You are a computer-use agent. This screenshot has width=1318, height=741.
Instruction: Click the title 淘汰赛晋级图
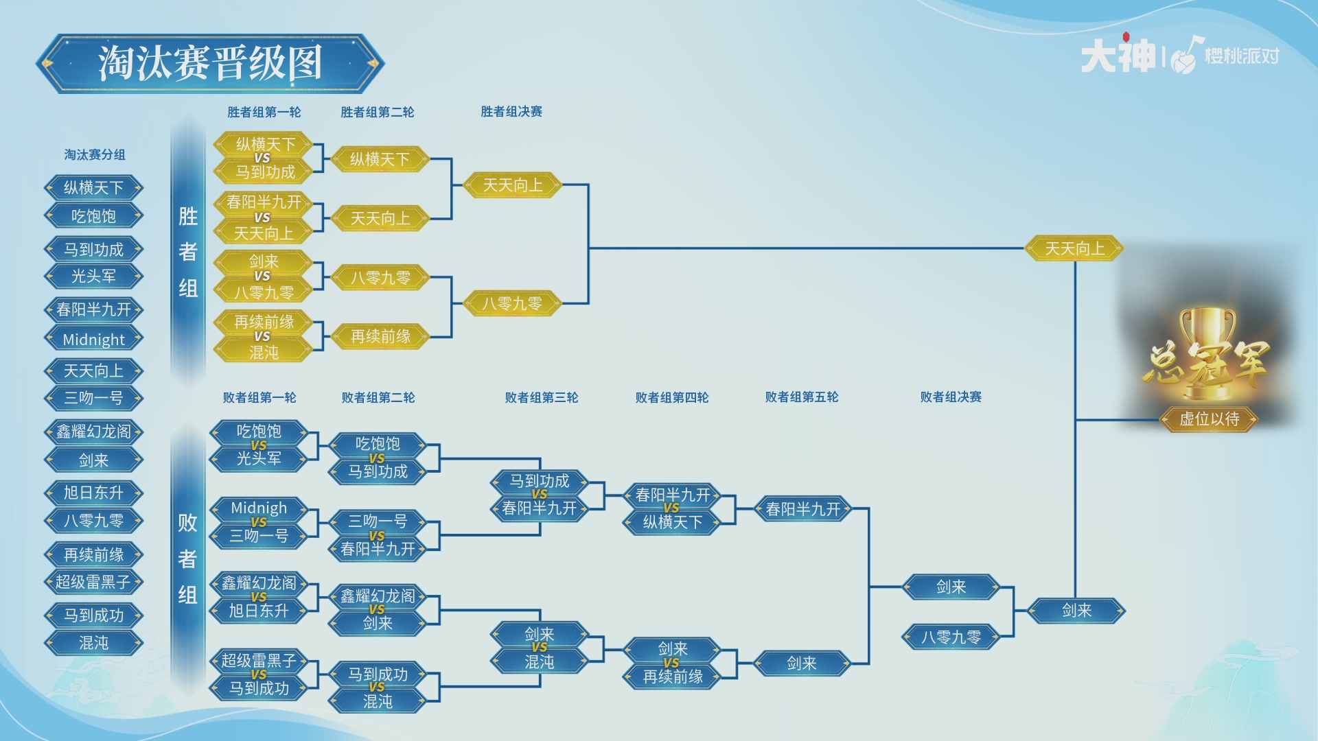click(x=210, y=63)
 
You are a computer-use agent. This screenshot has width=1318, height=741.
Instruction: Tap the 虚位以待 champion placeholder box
click(x=1209, y=419)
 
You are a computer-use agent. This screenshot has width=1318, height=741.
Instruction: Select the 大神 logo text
click(x=1118, y=56)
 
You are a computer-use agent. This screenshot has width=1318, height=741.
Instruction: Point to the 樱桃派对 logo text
click(x=1242, y=56)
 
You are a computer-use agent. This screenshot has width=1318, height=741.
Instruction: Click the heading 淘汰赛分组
click(x=95, y=154)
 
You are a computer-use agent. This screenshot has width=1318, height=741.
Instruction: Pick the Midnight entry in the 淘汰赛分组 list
click(x=93, y=339)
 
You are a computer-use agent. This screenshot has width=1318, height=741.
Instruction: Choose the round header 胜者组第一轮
click(x=264, y=112)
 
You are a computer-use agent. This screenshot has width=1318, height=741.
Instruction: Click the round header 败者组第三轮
click(x=541, y=397)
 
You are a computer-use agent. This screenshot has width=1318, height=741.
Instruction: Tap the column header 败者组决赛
click(x=950, y=397)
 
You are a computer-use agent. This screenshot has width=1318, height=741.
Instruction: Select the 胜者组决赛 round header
click(x=511, y=111)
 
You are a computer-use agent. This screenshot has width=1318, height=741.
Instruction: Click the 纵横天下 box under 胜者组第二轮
click(x=380, y=159)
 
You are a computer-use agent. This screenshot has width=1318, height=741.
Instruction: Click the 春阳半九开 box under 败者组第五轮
click(x=802, y=509)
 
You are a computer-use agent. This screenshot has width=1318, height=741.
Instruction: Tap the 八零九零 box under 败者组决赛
click(x=950, y=637)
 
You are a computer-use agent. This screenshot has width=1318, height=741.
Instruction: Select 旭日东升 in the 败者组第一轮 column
click(x=258, y=610)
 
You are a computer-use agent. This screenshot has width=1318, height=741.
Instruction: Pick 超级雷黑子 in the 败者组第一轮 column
click(x=258, y=660)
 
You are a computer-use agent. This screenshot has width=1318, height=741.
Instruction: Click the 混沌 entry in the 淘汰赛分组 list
click(x=93, y=643)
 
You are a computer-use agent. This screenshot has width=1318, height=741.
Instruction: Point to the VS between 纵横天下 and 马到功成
click(x=262, y=158)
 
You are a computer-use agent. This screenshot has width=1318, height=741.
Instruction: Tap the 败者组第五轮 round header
click(x=801, y=397)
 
